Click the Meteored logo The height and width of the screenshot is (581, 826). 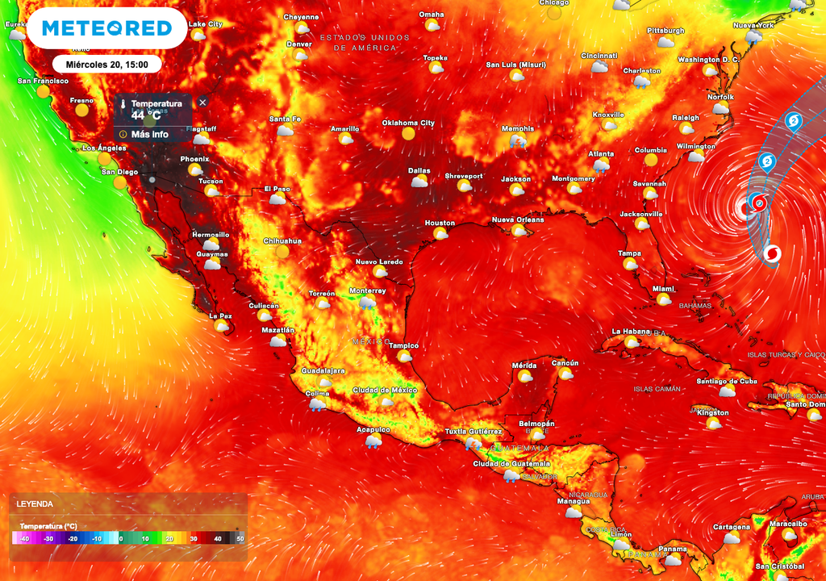click(x=106, y=28)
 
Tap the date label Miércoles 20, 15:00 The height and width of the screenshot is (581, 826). click(x=106, y=64)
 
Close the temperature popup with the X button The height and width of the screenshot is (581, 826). click(x=202, y=102)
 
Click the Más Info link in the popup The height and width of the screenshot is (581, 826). click(x=149, y=134)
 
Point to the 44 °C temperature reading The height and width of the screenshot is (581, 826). click(x=146, y=115)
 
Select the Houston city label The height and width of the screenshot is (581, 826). click(x=440, y=223)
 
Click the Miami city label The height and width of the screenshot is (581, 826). click(x=663, y=288)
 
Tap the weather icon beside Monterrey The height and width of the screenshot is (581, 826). click(x=367, y=303)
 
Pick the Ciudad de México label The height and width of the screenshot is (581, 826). click(x=383, y=391)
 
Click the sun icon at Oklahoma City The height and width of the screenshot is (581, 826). click(x=408, y=134)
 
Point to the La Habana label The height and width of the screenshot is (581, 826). click(x=630, y=331)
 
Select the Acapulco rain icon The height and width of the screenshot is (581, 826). click(x=373, y=441)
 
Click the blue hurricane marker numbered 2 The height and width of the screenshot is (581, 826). click(x=794, y=122)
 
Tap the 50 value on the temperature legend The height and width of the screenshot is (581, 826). click(x=241, y=538)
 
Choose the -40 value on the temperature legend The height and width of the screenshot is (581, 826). click(x=24, y=538)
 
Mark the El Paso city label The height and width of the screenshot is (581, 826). click(x=277, y=189)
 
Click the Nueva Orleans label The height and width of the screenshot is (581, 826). click(x=518, y=219)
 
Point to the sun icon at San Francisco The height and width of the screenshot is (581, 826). click(x=44, y=91)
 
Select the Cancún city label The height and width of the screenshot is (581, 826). click(x=565, y=363)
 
